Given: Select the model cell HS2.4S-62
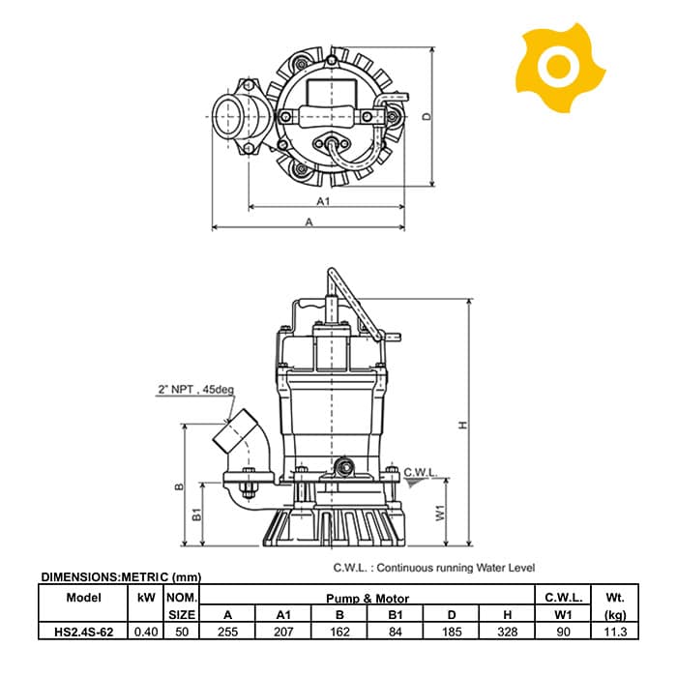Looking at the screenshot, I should point(83,632).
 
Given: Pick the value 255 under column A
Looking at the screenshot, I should point(227,632).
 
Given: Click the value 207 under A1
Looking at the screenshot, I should point(283,632).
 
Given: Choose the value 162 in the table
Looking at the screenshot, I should point(339,632).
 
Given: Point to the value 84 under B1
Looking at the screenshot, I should point(396,632).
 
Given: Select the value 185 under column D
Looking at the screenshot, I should point(452,632).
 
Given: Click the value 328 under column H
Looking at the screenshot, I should point(507,632).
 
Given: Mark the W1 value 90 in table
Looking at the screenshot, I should point(563,632).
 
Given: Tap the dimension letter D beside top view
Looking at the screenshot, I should point(427,116).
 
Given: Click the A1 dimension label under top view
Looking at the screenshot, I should point(325,201).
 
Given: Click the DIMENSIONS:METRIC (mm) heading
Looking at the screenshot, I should point(121,577).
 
